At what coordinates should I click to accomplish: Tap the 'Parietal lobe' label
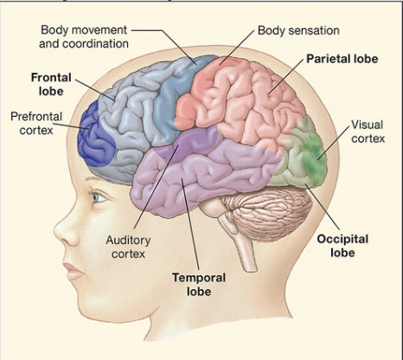(342, 59)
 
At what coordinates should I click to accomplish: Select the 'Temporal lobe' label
(199, 285)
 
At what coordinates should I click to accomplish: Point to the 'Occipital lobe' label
(342, 246)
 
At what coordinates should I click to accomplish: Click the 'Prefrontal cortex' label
(36, 124)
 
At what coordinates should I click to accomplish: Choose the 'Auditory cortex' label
(128, 247)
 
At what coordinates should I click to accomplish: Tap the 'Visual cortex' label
(368, 132)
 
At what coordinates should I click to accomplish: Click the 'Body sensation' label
(298, 30)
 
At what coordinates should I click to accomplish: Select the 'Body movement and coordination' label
(84, 37)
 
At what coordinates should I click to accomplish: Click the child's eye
(98, 197)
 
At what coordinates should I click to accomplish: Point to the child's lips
(74, 271)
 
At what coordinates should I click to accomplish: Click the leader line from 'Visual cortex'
(334, 143)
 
